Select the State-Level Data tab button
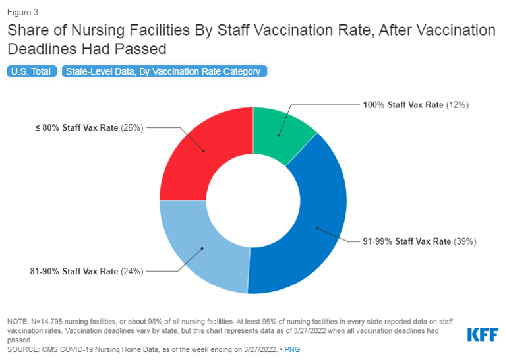tap(164, 71)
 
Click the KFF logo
tap(482, 334)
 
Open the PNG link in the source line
tap(293, 349)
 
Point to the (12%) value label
tap(458, 105)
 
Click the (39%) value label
tap(464, 241)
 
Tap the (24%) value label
tap(132, 271)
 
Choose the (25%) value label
tap(131, 127)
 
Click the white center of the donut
tap(252, 200)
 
